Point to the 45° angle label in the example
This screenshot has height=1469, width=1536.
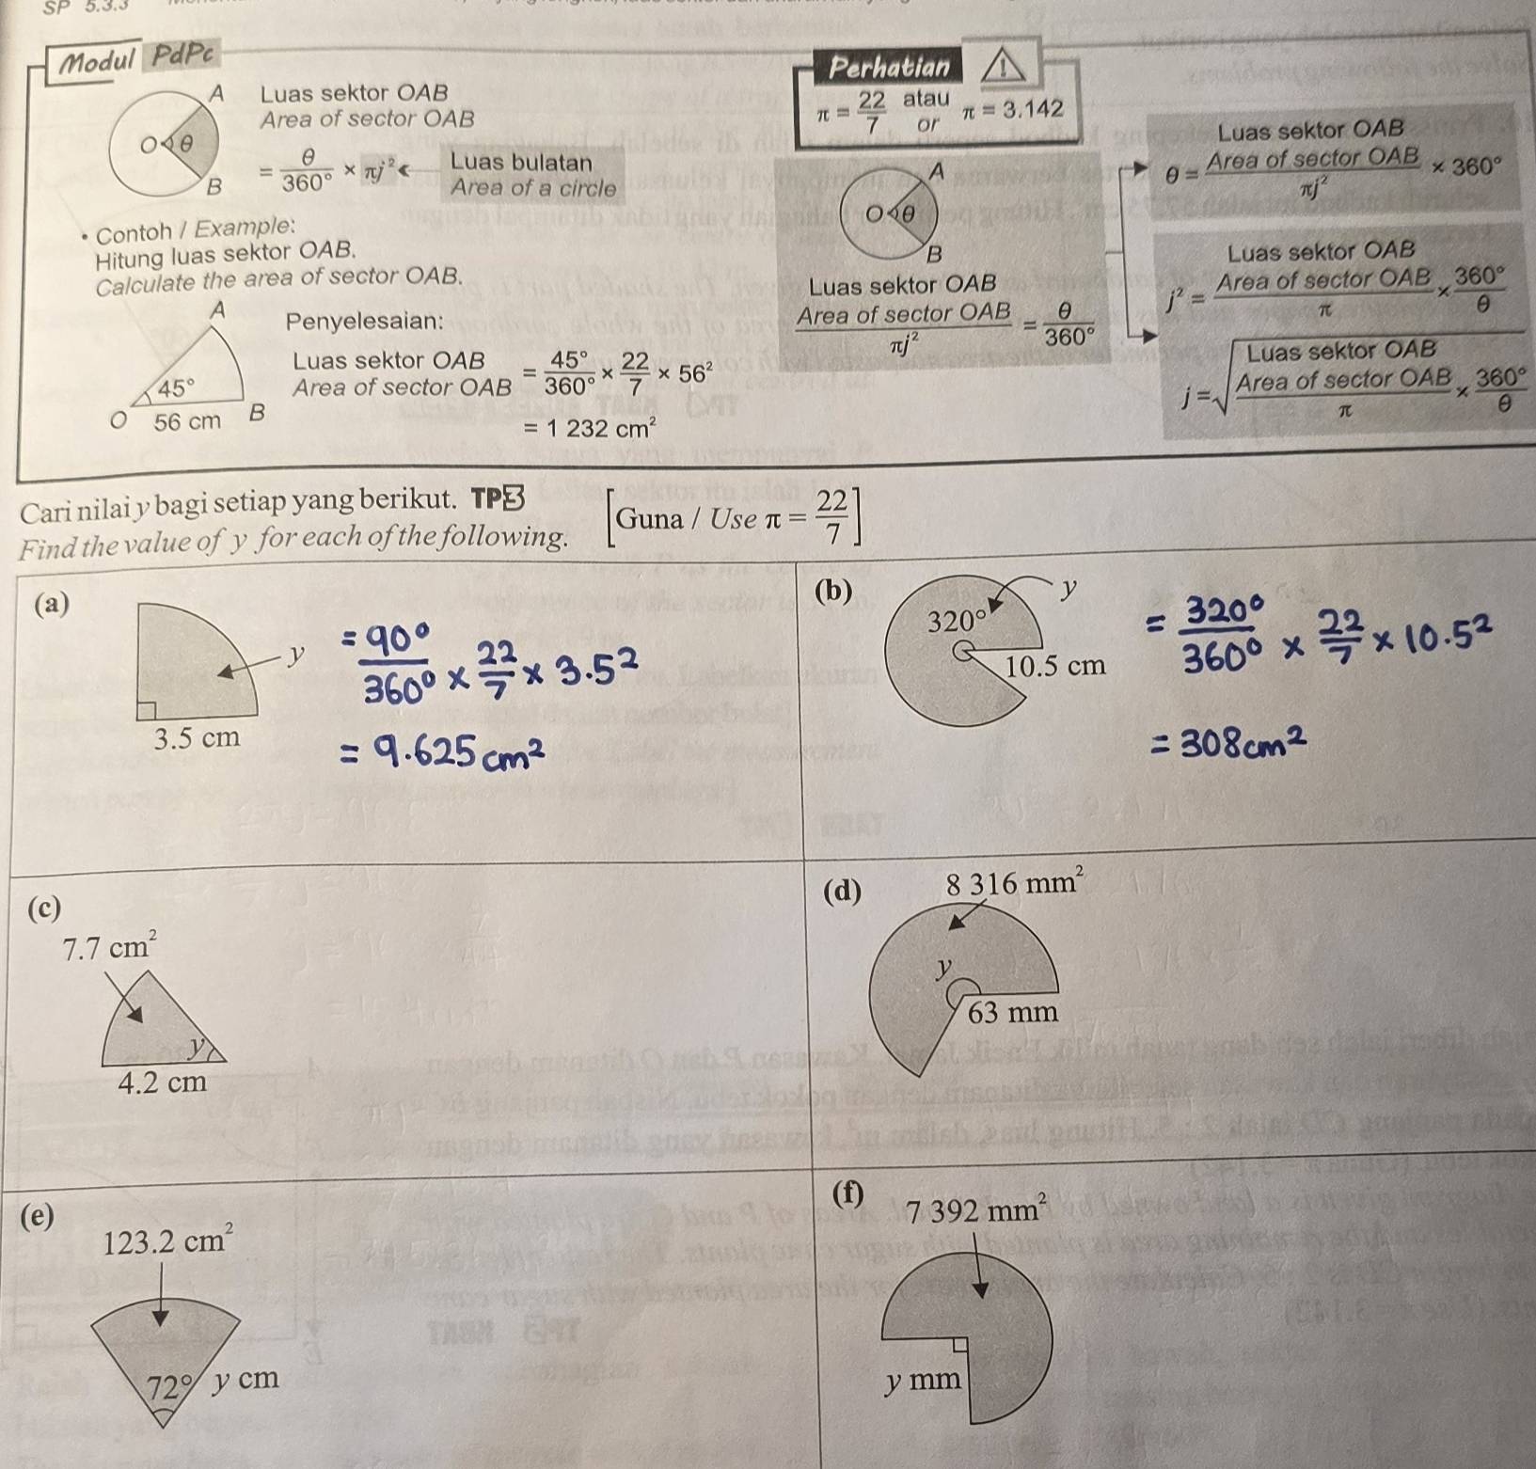(177, 387)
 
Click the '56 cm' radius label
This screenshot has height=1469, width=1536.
(187, 421)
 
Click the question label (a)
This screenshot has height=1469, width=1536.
(51, 604)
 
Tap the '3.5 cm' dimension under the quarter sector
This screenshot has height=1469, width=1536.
(197, 737)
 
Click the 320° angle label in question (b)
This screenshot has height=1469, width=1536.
(958, 621)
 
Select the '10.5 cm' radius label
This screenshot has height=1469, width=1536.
(1055, 666)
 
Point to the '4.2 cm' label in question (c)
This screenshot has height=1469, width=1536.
(162, 1082)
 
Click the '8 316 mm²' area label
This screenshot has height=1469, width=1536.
(1015, 884)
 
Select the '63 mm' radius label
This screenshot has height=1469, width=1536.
(1013, 1012)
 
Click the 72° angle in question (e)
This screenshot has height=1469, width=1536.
(169, 1386)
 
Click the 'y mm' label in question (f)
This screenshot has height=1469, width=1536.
(924, 1381)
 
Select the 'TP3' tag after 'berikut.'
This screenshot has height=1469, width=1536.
(496, 498)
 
